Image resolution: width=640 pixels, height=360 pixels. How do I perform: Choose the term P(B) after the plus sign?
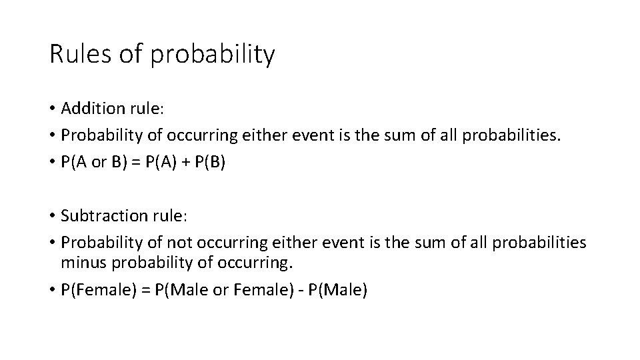[x=209, y=163]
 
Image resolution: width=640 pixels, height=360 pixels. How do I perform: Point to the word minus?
[x=81, y=262]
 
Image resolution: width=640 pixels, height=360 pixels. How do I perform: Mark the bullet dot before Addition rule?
[x=53, y=108]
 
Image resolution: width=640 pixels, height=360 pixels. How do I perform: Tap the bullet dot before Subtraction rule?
[x=53, y=216]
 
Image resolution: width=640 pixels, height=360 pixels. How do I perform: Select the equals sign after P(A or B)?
[x=134, y=163]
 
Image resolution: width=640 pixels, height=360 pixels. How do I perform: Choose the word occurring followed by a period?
[x=255, y=262]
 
